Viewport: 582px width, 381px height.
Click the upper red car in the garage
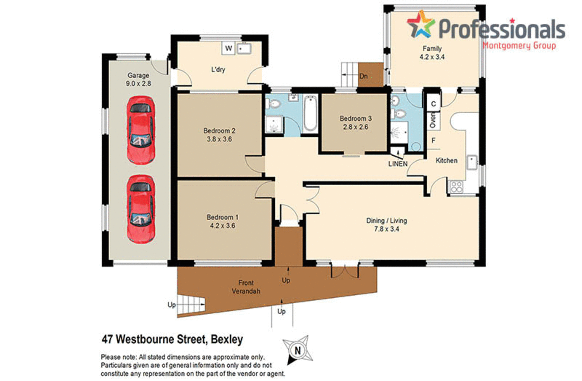click(141, 130)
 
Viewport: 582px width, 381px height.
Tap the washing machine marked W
click(229, 48)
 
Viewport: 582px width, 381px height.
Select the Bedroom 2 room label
click(219, 131)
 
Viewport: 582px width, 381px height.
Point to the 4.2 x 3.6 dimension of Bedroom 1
click(222, 226)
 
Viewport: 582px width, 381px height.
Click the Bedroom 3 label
click(355, 118)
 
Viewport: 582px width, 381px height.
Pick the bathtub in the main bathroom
click(310, 113)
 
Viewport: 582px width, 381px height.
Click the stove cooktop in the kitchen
click(456, 187)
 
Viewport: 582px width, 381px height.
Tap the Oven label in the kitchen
click(433, 120)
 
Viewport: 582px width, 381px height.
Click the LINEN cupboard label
click(398, 164)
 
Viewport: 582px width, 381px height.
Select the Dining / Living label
click(386, 221)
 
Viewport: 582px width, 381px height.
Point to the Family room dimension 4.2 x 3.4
click(432, 57)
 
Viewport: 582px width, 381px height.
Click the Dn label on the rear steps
click(364, 76)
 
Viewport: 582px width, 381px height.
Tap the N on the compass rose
click(298, 351)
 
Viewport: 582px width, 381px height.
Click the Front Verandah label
click(246, 287)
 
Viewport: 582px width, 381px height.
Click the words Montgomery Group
click(519, 45)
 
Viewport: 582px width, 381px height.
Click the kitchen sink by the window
click(472, 163)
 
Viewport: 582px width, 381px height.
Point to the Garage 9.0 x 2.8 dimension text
click(139, 84)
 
